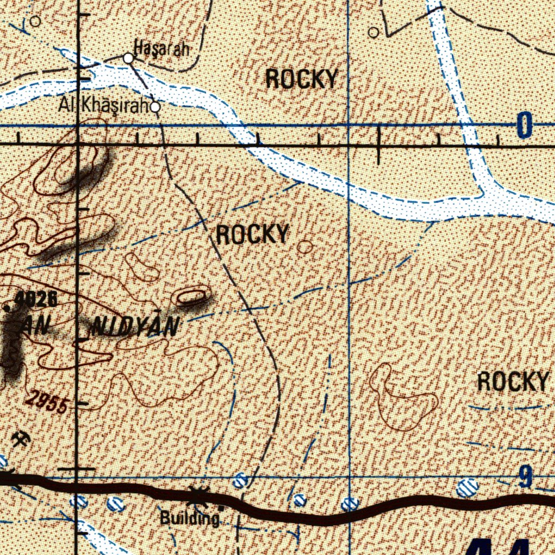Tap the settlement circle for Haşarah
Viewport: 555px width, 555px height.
[128, 57]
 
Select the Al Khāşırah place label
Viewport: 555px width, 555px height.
[104, 106]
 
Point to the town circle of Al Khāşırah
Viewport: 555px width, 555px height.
[155, 107]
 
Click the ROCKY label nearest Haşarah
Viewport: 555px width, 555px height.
[302, 80]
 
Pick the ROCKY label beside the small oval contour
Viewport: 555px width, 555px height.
[252, 235]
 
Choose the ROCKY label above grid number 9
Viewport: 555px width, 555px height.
[513, 382]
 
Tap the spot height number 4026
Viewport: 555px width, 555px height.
[36, 298]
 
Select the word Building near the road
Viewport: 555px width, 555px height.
[189, 519]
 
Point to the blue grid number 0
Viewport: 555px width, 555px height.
[524, 126]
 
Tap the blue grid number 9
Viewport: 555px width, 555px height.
[525, 477]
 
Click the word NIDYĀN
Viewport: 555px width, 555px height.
[135, 326]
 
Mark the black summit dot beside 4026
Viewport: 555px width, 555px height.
[7, 308]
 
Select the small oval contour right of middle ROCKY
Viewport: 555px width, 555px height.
[305, 248]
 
